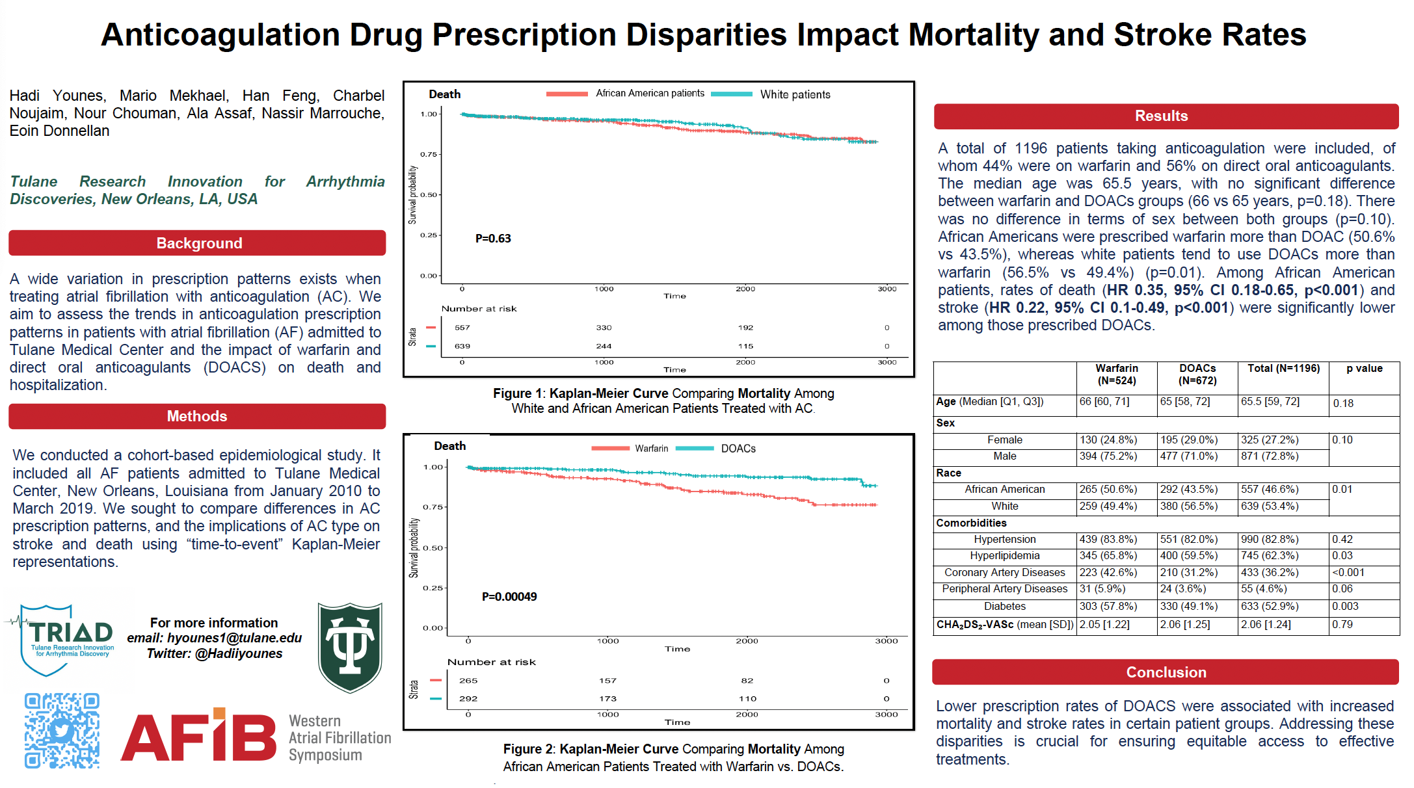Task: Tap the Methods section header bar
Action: [x=197, y=416]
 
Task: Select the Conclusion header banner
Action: [x=1166, y=672]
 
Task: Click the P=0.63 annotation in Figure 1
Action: [x=493, y=239]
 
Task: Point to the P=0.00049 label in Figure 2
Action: [x=509, y=597]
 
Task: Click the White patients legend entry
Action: [x=795, y=94]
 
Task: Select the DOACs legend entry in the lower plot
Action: [x=738, y=449]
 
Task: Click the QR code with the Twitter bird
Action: [x=62, y=731]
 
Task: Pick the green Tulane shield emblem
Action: [x=350, y=647]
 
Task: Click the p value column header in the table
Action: [x=1364, y=369]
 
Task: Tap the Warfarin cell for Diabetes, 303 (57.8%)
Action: [x=1108, y=606]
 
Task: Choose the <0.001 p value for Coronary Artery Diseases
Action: [x=1348, y=573]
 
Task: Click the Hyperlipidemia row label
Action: [x=1004, y=556]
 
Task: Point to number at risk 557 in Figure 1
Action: [x=462, y=328]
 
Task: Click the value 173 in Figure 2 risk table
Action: [x=607, y=699]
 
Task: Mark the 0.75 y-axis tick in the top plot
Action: [x=428, y=155]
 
